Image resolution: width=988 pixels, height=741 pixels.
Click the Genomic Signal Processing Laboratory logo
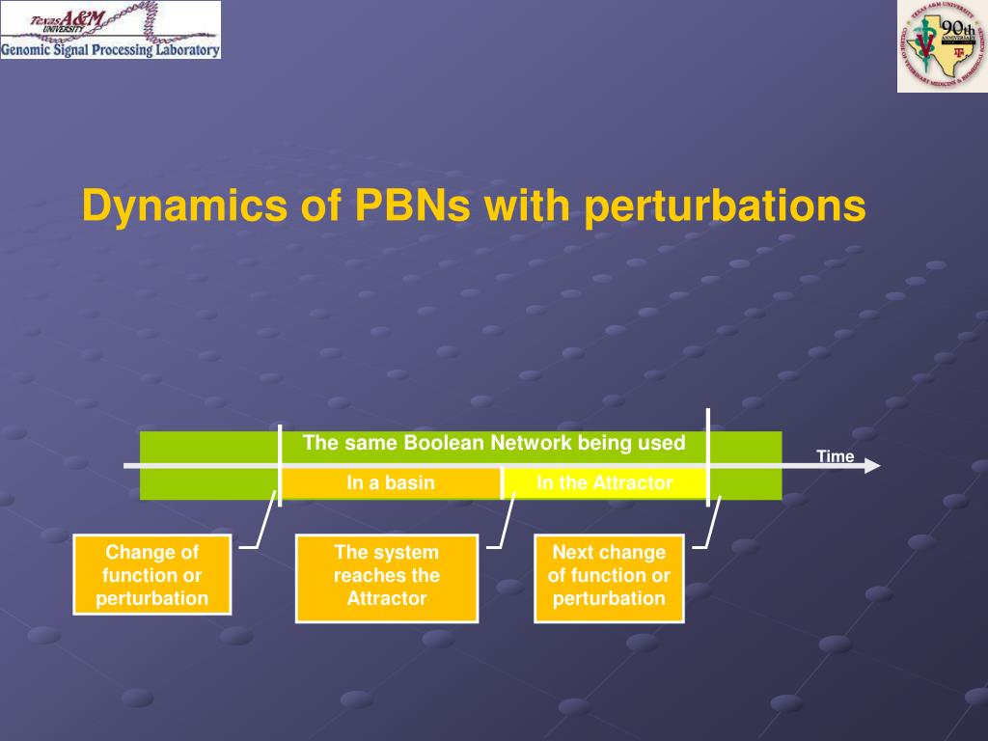[x=110, y=30]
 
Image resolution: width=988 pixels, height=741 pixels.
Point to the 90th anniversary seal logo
[x=942, y=45]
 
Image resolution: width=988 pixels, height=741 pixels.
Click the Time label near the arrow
[x=836, y=456]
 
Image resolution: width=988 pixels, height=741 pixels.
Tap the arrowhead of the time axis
[x=872, y=466]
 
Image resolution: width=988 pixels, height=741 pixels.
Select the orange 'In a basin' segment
[x=391, y=483]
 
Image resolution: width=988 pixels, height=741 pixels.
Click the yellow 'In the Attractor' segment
[x=605, y=483]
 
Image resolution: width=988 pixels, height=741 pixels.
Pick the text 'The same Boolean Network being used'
[x=494, y=443]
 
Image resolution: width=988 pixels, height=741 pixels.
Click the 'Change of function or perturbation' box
[x=152, y=575]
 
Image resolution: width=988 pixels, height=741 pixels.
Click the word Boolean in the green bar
[x=444, y=443]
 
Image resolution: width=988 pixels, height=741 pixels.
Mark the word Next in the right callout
[x=573, y=553]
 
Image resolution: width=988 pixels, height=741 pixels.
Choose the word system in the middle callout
[x=405, y=553]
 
